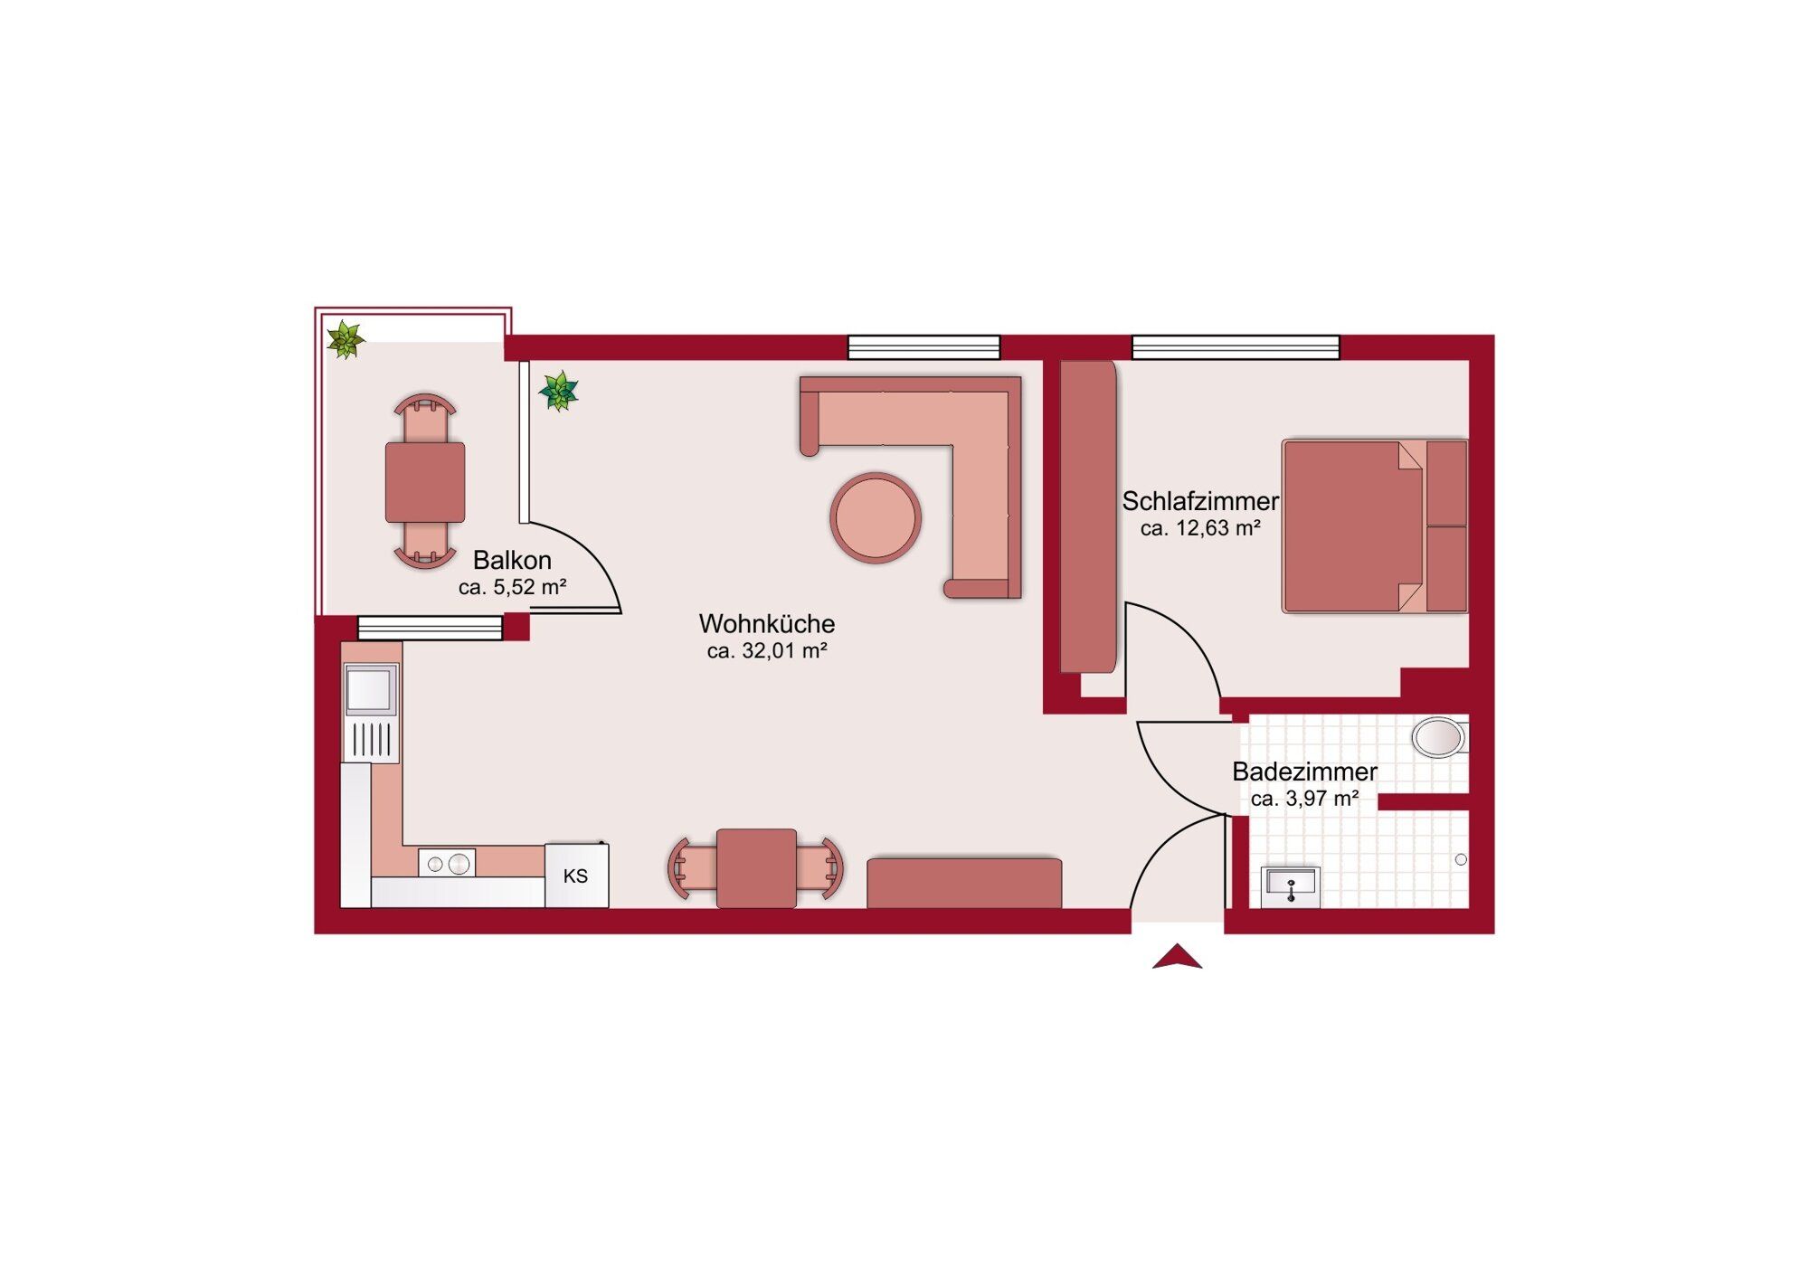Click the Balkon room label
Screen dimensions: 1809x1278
(x=512, y=560)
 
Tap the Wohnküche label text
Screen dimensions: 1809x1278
(x=767, y=623)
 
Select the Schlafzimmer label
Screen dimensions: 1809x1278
(x=1200, y=500)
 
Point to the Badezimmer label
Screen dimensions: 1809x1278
(x=1304, y=772)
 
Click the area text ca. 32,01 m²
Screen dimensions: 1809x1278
(x=767, y=650)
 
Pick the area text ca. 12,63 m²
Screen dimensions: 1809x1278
(x=1200, y=528)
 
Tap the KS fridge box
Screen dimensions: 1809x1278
(x=576, y=876)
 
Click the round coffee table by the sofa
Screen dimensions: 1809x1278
(x=876, y=518)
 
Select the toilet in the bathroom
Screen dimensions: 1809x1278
(x=1440, y=737)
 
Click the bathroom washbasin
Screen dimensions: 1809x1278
(x=1291, y=886)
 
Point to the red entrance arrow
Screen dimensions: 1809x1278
(x=1177, y=957)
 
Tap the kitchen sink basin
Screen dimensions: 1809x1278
(x=370, y=690)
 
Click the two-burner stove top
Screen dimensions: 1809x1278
(x=447, y=864)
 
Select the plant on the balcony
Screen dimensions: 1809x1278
(x=345, y=340)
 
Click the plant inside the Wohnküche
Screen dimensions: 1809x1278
(x=558, y=391)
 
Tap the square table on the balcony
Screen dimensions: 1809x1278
(x=425, y=482)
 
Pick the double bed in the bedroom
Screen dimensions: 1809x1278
(x=1375, y=526)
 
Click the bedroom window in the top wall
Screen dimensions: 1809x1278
(x=1236, y=347)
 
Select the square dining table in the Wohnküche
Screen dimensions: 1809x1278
(x=756, y=868)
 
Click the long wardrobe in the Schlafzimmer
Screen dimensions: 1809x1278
(x=1088, y=517)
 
